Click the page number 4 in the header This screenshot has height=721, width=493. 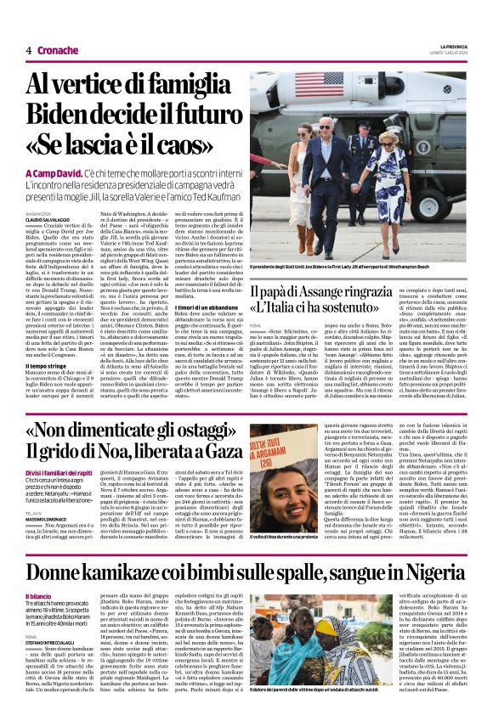[x=29, y=50]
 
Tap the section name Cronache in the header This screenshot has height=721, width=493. [x=59, y=50]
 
